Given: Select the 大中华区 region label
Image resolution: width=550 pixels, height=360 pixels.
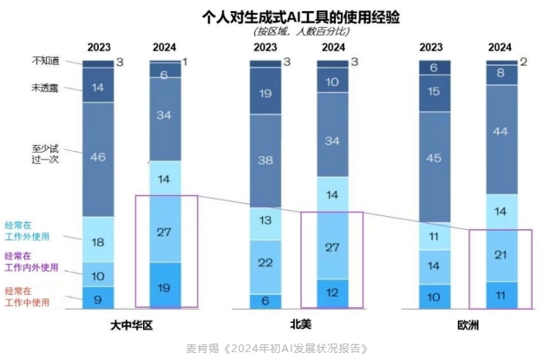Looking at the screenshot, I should [131, 324].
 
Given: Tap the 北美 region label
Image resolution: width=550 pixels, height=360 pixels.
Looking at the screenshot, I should [300, 324].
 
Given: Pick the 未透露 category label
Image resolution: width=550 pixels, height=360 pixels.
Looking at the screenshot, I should [46, 88].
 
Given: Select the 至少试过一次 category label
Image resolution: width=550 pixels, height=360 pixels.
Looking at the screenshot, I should [46, 155].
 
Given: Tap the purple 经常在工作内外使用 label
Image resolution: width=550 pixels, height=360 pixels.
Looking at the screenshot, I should [33, 262].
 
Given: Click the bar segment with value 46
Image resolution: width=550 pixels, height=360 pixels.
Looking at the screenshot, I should [98, 157].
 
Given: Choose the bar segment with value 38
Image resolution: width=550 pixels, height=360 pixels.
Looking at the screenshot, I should [265, 160].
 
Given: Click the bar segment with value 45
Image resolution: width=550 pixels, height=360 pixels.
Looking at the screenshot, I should [434, 157].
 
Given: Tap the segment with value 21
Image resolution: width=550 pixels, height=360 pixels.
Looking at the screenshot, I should [500, 254].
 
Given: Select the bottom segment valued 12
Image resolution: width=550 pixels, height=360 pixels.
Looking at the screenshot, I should [332, 293].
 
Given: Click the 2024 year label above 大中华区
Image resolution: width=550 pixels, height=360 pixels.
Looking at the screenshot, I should [165, 47].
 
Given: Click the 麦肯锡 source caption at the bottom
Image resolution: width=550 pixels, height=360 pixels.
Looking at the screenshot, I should [278, 349].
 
